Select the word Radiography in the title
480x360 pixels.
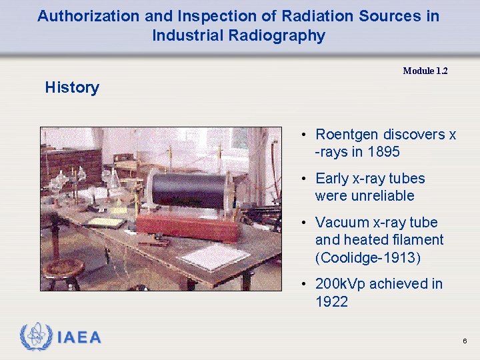click(x=281, y=35)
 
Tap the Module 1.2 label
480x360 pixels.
click(x=425, y=71)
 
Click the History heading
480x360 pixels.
click(x=72, y=87)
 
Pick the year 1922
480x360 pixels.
click(x=331, y=301)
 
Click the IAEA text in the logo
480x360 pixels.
click(x=79, y=337)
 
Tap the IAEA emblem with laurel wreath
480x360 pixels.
click(x=35, y=337)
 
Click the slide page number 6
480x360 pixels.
click(x=465, y=341)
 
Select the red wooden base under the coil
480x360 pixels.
click(x=188, y=227)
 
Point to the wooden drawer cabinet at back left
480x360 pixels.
click(x=73, y=163)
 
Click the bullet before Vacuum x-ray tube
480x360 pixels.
click(x=303, y=223)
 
